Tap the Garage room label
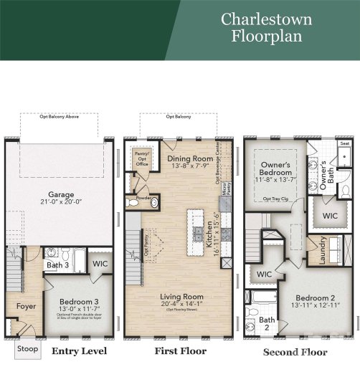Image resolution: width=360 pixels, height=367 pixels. pos(61,194)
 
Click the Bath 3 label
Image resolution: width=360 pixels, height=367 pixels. pos(57,266)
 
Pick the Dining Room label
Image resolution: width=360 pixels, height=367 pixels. pos(179,158)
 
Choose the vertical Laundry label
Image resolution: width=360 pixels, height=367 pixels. pos(323,250)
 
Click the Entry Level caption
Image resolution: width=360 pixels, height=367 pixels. pos(79,351)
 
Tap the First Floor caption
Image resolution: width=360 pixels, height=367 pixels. pos(180,351)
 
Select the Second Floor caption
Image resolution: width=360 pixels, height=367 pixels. pos(295,352)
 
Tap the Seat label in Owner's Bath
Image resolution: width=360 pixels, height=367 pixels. pos(344,143)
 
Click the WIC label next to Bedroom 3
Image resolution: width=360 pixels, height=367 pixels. pos(99,264)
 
